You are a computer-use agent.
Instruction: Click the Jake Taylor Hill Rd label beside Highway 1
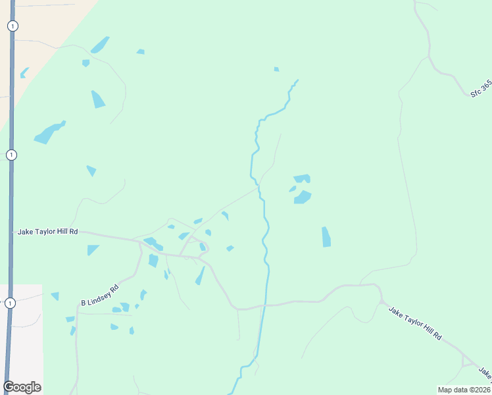pos(48,232)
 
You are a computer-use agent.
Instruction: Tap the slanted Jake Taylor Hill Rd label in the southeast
pos(414,323)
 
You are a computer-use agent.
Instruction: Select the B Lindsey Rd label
pos(100,294)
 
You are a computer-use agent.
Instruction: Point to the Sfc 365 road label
pos(481,90)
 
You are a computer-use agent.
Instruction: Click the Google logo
pos(22,387)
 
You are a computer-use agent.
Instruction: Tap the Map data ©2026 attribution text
pos(464,389)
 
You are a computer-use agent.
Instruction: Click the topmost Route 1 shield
pos(12,26)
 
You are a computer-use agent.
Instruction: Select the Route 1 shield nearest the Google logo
pos(10,303)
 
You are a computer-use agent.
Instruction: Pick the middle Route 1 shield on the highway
pos(11,155)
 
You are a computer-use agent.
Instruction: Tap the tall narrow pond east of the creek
pos(326,237)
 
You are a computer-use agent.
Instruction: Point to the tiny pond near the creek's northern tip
pos(276,69)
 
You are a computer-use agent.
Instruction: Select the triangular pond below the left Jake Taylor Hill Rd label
pos(92,250)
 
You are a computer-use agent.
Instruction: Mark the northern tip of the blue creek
pos(297,80)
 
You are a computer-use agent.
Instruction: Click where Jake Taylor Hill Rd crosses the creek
pos(264,305)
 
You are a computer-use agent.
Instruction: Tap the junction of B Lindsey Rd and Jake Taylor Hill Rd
pos(140,245)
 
